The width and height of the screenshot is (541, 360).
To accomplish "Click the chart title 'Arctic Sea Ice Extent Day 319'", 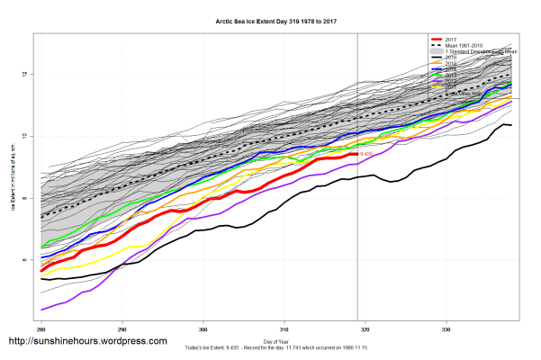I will click(x=271, y=17).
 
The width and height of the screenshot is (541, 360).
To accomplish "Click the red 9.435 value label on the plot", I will click(x=366, y=155).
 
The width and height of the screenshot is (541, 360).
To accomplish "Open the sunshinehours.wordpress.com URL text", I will click(x=87, y=341).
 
